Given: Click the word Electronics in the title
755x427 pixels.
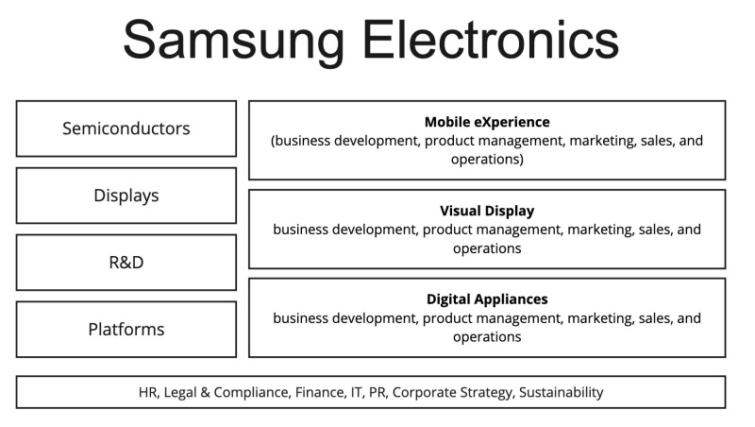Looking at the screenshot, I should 492,40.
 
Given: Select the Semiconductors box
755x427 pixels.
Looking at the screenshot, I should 126,128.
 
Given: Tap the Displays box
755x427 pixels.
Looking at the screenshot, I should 126,196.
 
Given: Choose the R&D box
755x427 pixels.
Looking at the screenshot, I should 126,263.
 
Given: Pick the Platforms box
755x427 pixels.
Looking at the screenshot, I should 126,330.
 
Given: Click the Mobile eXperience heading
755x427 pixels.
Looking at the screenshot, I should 487,122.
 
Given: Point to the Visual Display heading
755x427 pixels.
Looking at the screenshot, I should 487,211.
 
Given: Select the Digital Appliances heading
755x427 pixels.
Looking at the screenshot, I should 487,299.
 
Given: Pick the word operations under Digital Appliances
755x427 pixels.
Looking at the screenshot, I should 487,337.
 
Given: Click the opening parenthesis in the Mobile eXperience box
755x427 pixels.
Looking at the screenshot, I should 274,142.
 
